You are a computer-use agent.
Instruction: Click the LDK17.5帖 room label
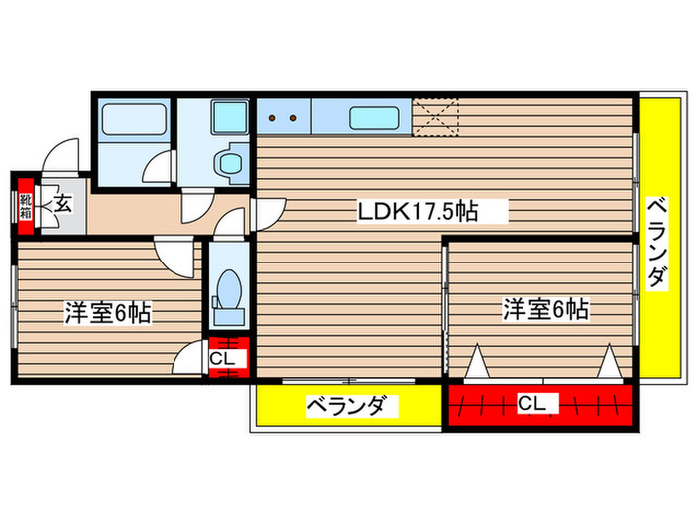pyautogui.click(x=418, y=211)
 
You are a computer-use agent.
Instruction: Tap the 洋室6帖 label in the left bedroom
pyautogui.click(x=108, y=313)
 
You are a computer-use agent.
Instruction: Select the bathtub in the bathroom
pyautogui.click(x=135, y=122)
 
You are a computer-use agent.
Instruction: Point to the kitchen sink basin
pyautogui.click(x=375, y=119)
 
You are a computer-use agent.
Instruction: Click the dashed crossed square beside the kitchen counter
pyautogui.click(x=436, y=116)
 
